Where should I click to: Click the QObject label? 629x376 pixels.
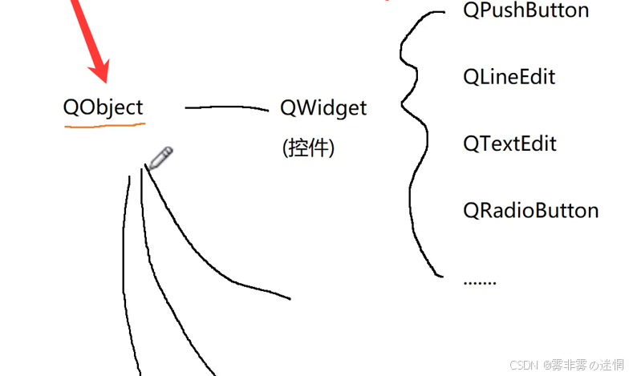[x=103, y=107]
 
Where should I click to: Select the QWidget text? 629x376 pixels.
[x=323, y=107]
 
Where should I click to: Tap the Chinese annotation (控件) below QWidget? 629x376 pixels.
[x=308, y=148]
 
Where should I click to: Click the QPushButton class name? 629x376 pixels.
[x=526, y=10]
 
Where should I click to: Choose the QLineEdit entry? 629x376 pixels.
[x=509, y=77]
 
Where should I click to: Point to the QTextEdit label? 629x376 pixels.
[x=509, y=144]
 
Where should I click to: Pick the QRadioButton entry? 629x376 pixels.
[x=530, y=210]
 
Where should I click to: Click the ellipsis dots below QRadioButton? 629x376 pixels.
[x=480, y=281]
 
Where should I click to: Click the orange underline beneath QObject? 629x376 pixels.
[x=104, y=126]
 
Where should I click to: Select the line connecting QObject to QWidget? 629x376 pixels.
[x=227, y=107]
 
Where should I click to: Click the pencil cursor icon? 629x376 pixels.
[x=159, y=158]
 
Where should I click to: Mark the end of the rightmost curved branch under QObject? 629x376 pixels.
[x=288, y=299]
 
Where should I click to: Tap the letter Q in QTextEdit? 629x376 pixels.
[x=472, y=144]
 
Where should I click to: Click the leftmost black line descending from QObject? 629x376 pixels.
[x=125, y=273]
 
